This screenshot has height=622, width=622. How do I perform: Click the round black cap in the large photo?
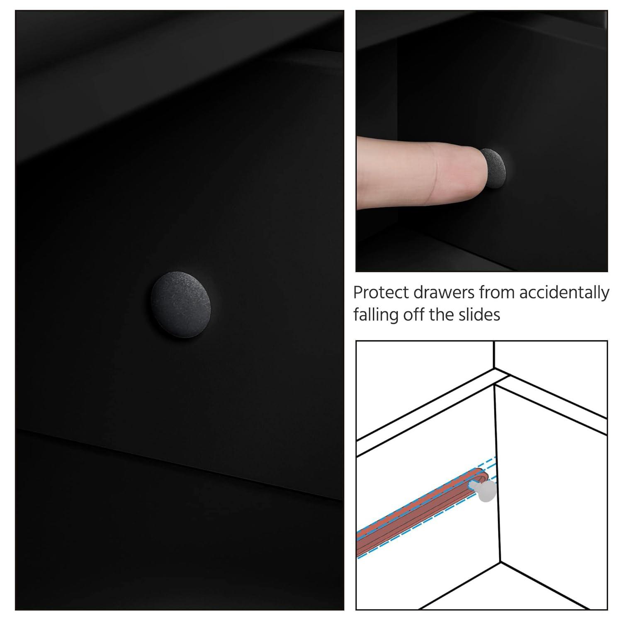pyautogui.click(x=180, y=304)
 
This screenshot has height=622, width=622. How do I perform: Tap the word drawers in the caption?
pyautogui.click(x=444, y=293)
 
